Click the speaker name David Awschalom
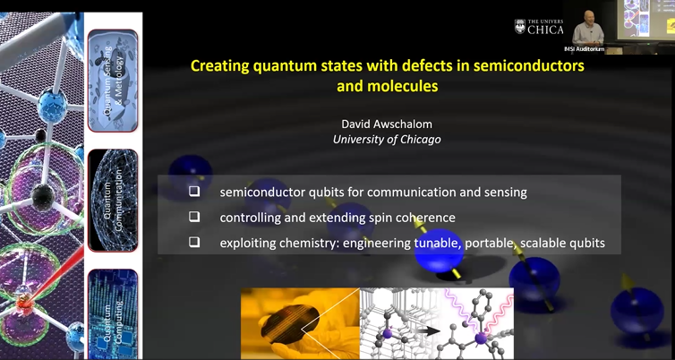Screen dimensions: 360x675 [387, 124]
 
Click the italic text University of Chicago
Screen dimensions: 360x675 [387, 139]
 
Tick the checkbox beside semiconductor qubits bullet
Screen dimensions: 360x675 [194, 192]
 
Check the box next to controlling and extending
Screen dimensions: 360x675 [194, 217]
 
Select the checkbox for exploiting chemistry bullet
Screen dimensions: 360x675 [194, 243]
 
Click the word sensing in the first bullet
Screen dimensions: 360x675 [505, 192]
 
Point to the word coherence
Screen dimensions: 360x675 [425, 217]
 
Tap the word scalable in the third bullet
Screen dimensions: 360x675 [537, 243]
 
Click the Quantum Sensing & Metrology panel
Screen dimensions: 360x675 [113, 81]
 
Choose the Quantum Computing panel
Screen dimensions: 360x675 [113, 313]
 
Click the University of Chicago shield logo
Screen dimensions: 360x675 [520, 28]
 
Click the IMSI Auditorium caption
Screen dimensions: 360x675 [584, 48]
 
